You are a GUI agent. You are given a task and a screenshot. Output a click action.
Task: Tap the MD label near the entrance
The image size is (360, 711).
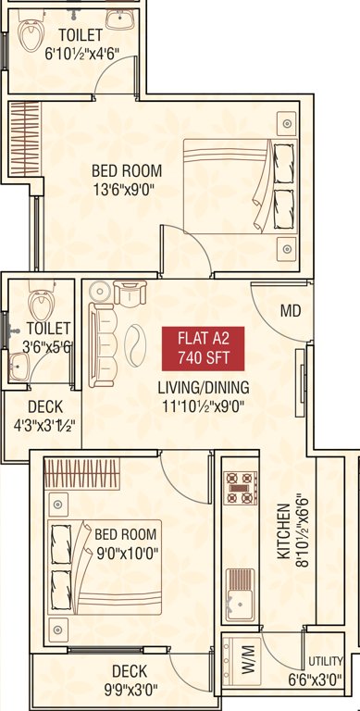coord(291,311)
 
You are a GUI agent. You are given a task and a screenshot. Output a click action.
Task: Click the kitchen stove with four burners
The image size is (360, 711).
coord(242,488)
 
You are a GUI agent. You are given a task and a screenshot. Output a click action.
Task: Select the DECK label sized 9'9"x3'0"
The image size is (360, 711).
coord(130,679)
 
